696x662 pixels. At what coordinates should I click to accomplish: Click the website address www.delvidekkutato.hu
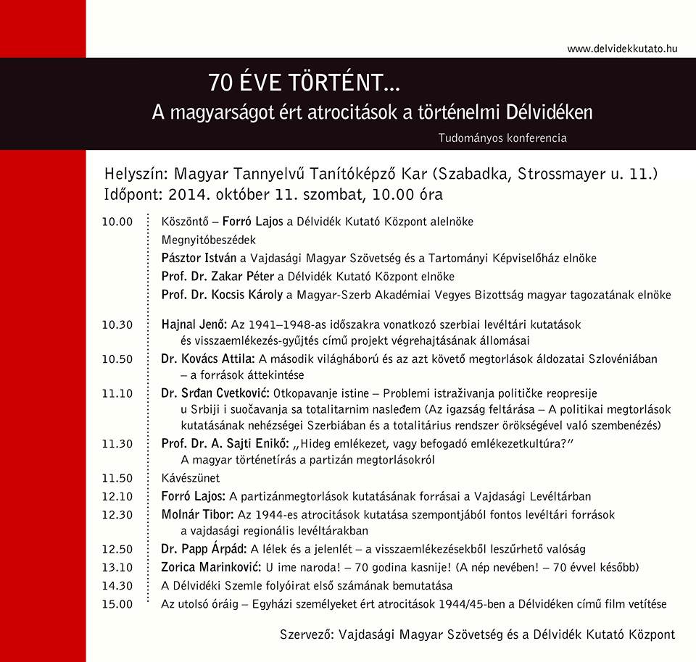click(622, 49)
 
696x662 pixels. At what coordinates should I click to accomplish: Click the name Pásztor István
click(199, 259)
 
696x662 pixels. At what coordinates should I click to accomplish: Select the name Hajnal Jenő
click(194, 325)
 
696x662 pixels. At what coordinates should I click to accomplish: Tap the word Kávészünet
click(190, 479)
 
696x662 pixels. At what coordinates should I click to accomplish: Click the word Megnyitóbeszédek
click(209, 240)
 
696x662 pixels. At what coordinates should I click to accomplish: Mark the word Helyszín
click(133, 175)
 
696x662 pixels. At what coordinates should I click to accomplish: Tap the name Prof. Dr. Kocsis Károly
click(223, 296)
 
